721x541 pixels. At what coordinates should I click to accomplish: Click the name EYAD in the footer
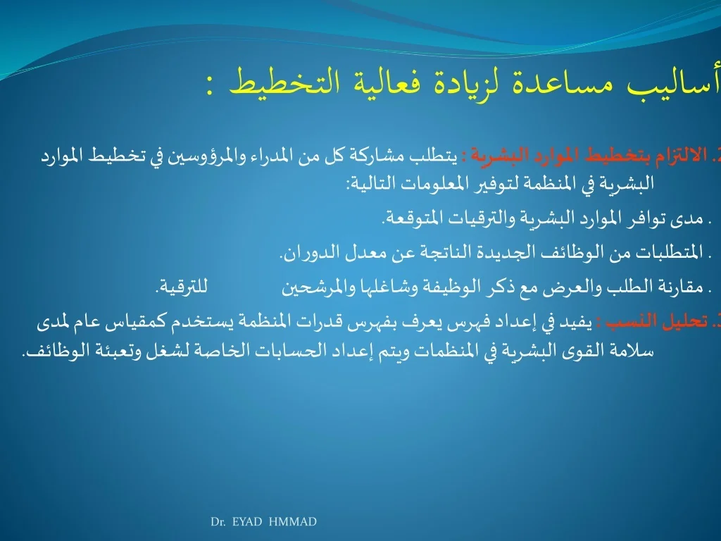[x=247, y=522]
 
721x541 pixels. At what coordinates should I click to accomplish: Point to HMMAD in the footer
[x=292, y=522]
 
